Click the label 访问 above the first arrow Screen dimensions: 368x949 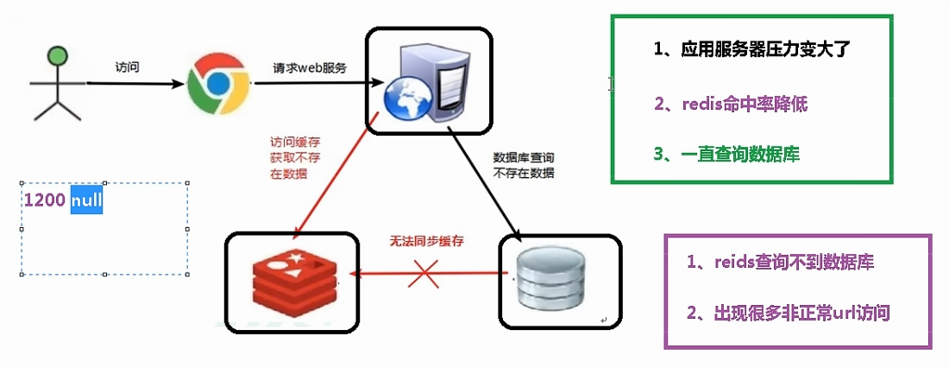(x=129, y=67)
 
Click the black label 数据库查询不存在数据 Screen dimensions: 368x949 (x=524, y=165)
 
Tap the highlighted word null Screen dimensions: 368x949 (x=86, y=200)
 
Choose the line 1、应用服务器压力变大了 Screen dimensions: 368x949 (x=752, y=49)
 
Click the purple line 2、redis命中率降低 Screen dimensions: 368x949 (x=731, y=105)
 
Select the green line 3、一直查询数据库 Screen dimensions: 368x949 (x=726, y=155)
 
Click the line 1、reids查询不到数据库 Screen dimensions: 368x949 (x=781, y=262)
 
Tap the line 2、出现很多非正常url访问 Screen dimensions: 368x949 (x=789, y=313)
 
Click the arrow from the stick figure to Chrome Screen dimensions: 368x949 (x=138, y=84)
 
